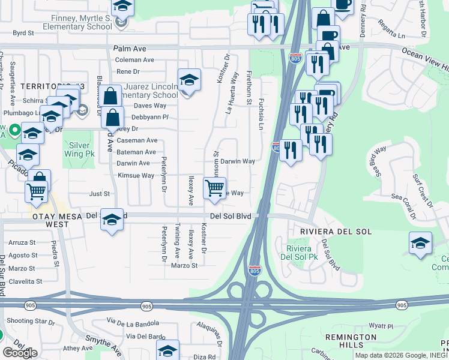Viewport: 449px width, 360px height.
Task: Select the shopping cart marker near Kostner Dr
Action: tap(214, 188)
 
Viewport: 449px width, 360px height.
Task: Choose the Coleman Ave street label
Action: tap(134, 60)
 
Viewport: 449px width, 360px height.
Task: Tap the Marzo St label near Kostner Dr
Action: tap(184, 266)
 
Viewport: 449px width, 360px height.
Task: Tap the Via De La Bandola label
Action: tap(134, 324)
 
